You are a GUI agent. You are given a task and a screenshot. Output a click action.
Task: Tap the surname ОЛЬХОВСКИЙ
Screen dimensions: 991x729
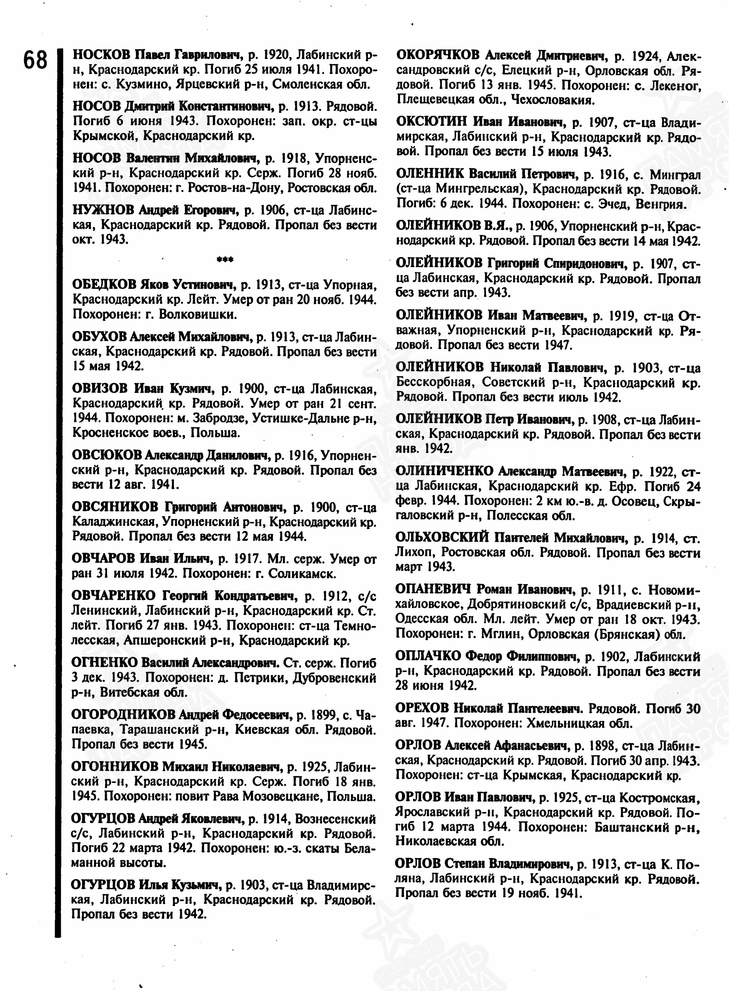tap(442, 537)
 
